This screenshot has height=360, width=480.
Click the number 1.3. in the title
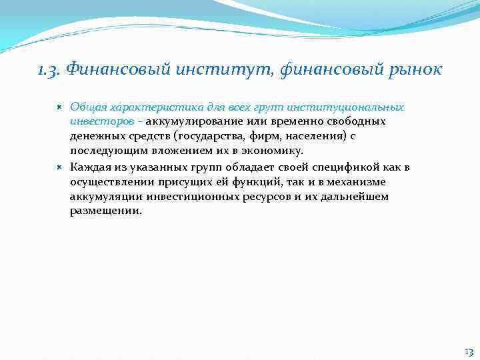49,70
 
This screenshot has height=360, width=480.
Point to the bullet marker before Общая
59,107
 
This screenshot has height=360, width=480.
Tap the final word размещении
105,211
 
